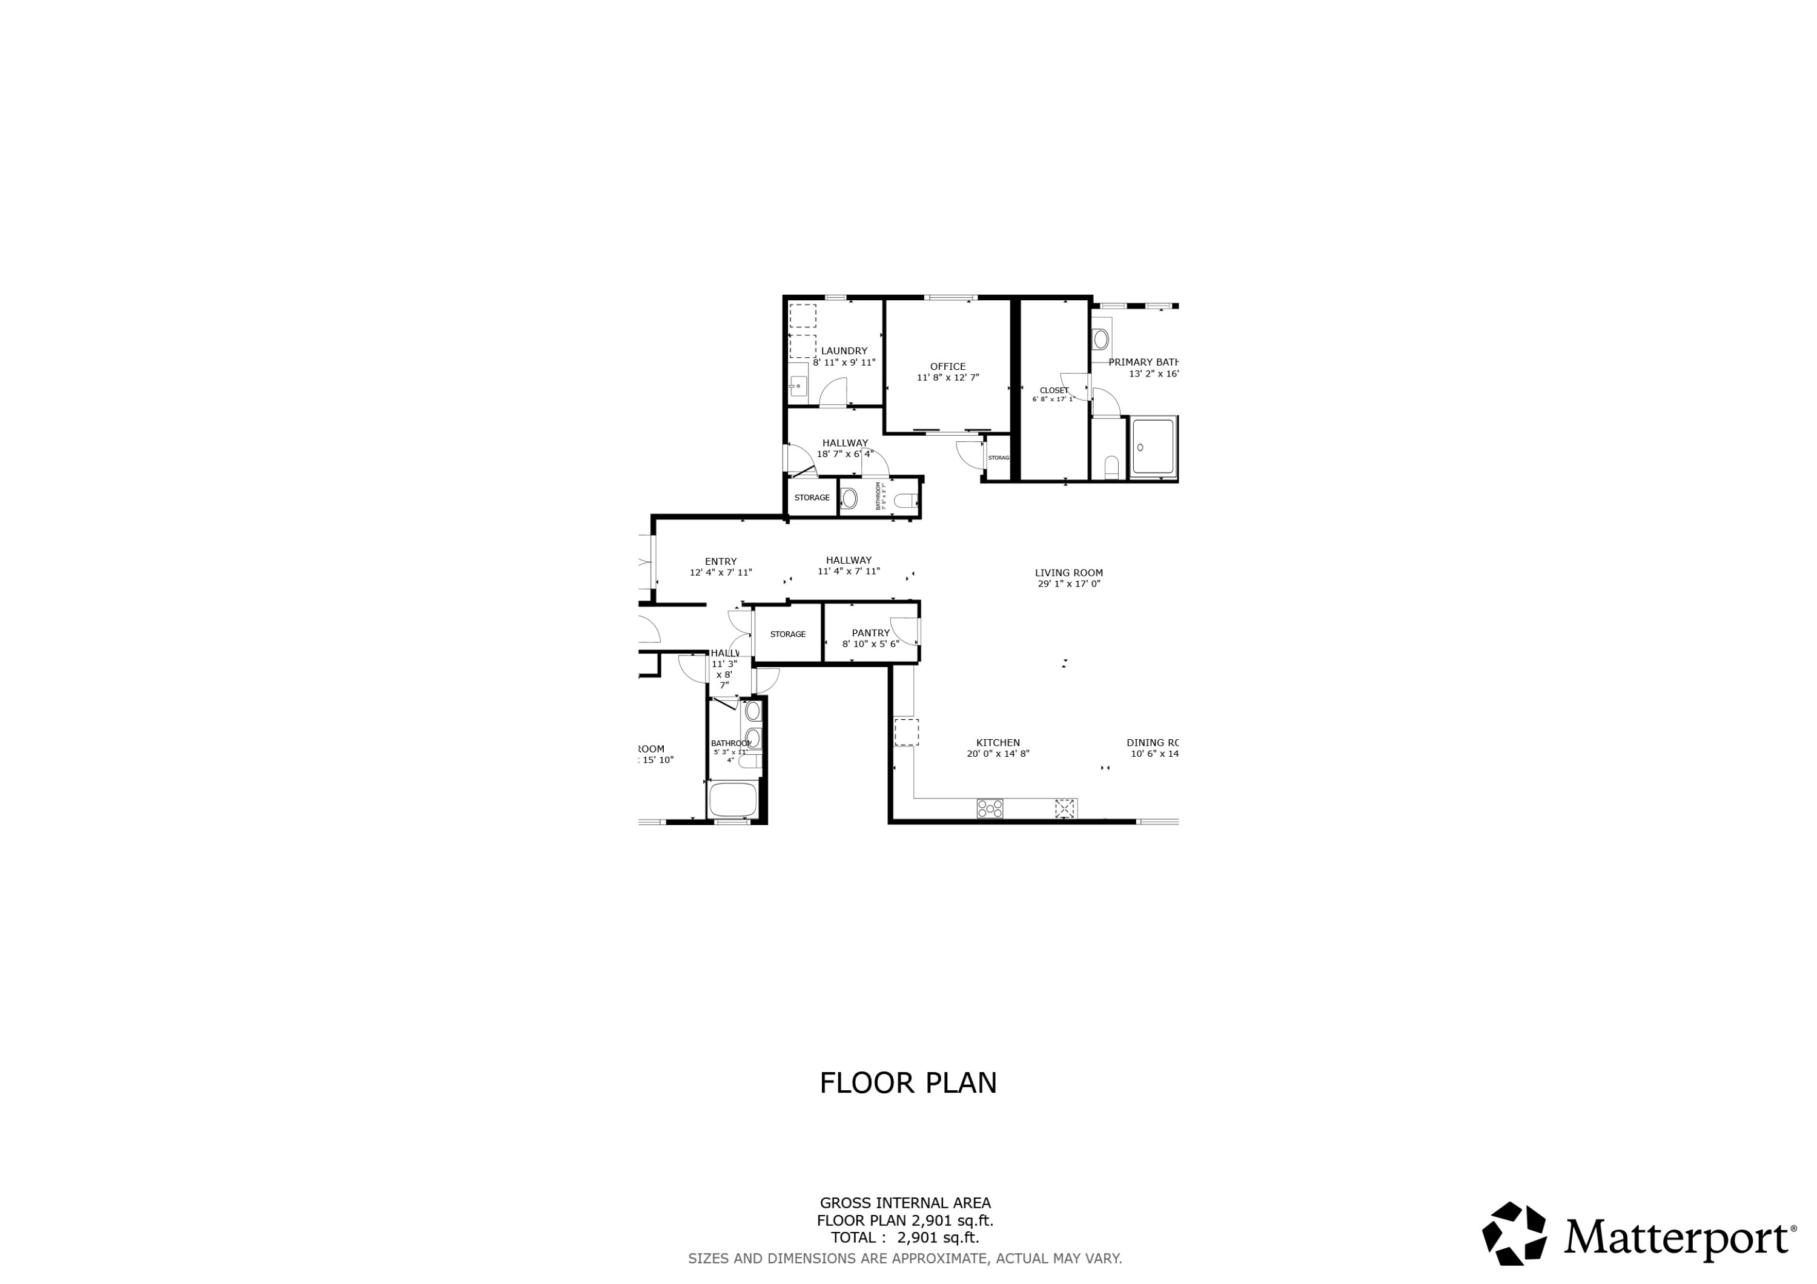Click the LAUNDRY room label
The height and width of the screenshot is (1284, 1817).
[844, 351]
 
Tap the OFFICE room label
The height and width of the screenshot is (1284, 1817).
[947, 366]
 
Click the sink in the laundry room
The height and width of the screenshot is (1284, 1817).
[798, 387]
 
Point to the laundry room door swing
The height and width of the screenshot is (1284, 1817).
[833, 392]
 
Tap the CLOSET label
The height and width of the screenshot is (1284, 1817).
[1053, 390]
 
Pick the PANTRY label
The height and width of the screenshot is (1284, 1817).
[870, 633]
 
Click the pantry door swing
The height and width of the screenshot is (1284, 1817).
[904, 631]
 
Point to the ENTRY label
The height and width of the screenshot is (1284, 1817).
[720, 562]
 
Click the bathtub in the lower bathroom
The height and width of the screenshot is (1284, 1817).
[733, 799]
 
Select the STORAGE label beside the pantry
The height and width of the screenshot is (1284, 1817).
[787, 634]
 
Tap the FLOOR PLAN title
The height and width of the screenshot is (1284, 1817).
[908, 1083]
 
